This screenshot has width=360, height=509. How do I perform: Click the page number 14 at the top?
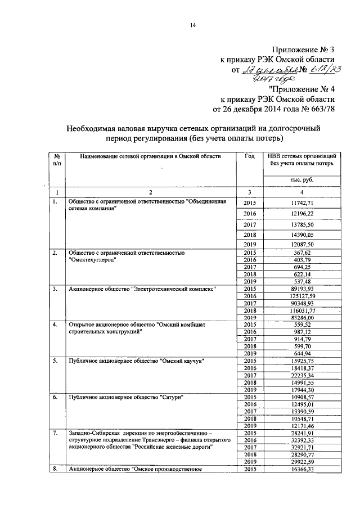[x=192, y=24]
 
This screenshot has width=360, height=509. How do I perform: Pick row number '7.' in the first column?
[x=55, y=433]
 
